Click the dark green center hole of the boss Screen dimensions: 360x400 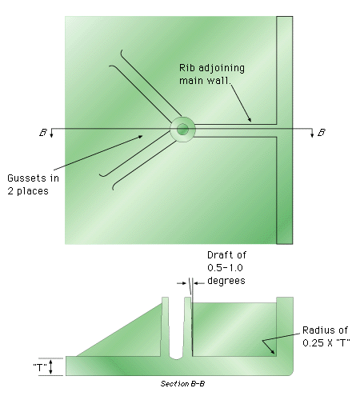182,130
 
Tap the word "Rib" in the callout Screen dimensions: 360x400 186,68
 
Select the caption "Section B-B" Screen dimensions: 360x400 182,384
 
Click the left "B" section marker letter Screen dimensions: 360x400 43,133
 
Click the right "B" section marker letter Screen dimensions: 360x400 322,133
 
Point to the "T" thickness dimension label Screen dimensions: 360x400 40,367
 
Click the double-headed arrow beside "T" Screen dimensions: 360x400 51,366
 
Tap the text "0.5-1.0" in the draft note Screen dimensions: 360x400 225,268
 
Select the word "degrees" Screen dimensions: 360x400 226,281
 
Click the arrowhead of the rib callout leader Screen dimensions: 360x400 250,120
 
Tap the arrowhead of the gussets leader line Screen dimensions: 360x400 140,137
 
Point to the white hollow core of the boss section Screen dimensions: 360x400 177,330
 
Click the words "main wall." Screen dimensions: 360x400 205,81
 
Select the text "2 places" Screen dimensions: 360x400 28,191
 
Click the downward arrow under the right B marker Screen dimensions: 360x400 312,133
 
